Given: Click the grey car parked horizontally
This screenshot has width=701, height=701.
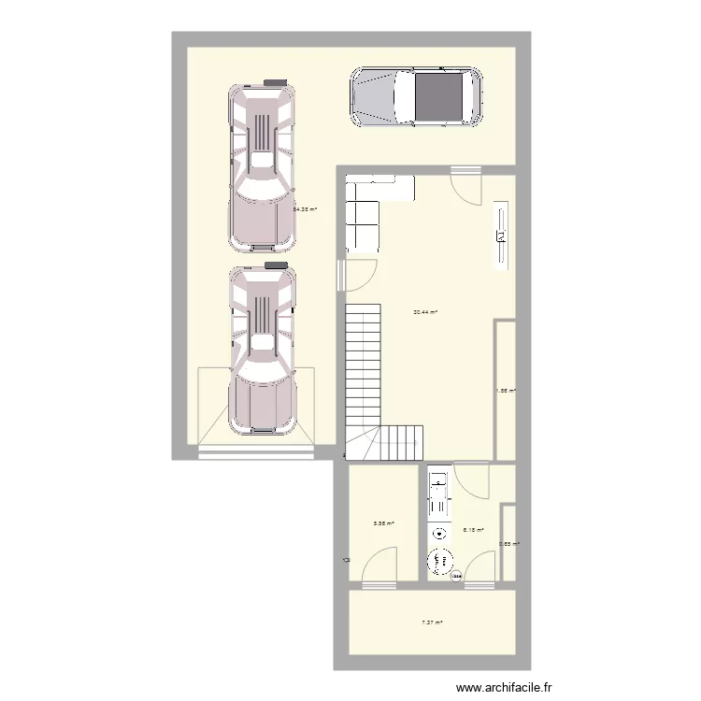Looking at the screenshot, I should coord(416,96).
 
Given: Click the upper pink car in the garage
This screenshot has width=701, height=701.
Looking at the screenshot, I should coord(263,168).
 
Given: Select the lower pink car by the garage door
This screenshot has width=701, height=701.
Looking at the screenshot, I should coord(263,350).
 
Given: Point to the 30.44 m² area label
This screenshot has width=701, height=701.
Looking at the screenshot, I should coord(425,313).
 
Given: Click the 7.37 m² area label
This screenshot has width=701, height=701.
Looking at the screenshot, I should coord(431,622).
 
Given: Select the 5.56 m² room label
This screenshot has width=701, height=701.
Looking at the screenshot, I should coord(383,524).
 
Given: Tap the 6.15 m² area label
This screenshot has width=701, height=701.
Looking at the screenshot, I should coord(474,530).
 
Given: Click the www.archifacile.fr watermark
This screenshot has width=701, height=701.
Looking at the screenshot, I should coord(505,687).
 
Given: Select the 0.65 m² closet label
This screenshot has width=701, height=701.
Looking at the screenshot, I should coord(508,544).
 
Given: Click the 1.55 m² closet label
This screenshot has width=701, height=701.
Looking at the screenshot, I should coord(506,393).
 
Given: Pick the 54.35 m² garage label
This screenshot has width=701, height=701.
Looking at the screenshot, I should coord(305,210).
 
